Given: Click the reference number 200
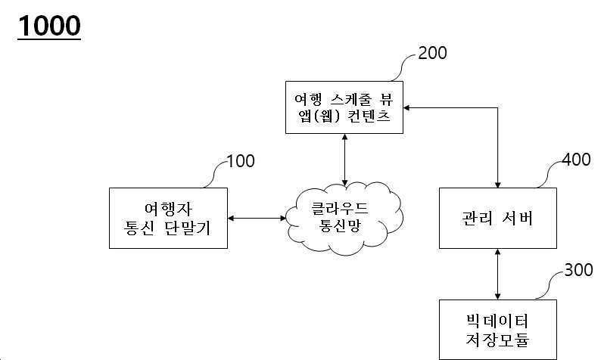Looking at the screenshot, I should [x=432, y=53].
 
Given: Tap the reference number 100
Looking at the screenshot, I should [x=240, y=160].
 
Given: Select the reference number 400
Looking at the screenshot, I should [x=576, y=160].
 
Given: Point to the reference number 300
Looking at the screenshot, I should [x=578, y=271].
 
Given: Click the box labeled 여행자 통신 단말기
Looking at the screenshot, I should [x=168, y=219].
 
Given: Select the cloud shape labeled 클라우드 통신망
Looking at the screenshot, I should [x=345, y=216].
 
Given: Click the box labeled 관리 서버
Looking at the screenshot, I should [x=497, y=219].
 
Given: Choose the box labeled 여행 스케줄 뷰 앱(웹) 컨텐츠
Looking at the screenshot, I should [x=345, y=107].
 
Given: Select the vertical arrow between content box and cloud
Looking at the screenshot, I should [x=345, y=161].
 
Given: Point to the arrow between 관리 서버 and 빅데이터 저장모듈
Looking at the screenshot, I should [x=497, y=274].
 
